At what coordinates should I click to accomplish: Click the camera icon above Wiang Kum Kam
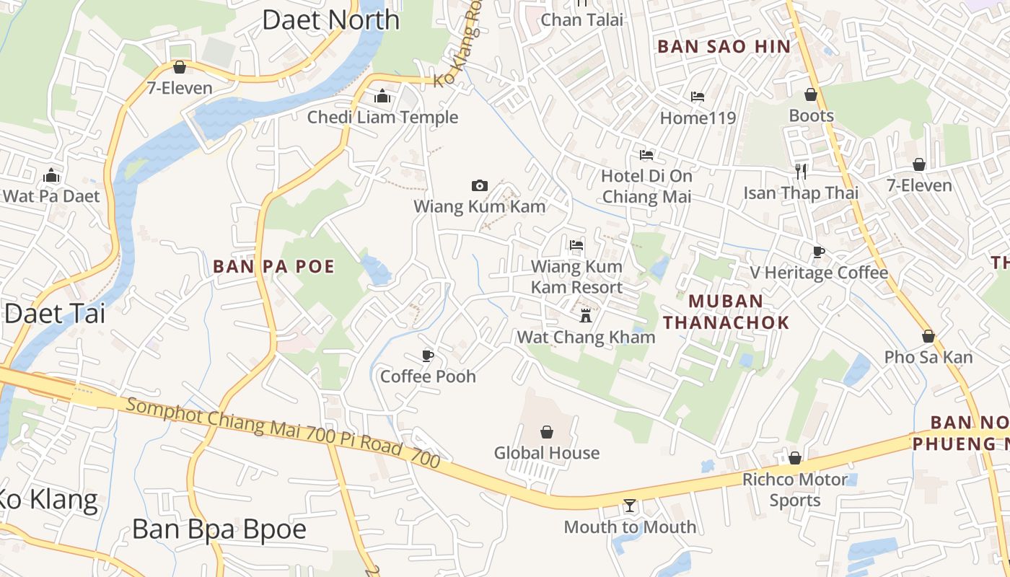pyautogui.click(x=479, y=186)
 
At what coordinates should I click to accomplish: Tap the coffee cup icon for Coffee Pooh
pyautogui.click(x=428, y=356)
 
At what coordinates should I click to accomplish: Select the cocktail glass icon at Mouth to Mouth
pyautogui.click(x=630, y=506)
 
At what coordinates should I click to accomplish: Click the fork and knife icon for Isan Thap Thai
pyautogui.click(x=801, y=171)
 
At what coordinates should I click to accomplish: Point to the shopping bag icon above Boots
pyautogui.click(x=811, y=94)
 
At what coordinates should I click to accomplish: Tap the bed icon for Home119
pyautogui.click(x=698, y=97)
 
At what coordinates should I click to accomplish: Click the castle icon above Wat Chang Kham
pyautogui.click(x=586, y=315)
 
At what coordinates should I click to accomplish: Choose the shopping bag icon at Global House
pyautogui.click(x=547, y=432)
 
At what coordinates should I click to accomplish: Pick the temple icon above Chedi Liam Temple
pyautogui.click(x=382, y=96)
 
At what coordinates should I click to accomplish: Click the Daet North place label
pyautogui.click(x=330, y=19)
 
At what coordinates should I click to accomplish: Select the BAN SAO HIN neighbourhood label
pyautogui.click(x=724, y=47)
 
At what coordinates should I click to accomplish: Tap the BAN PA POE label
pyautogui.click(x=274, y=267)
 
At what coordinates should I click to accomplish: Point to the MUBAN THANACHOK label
pyautogui.click(x=726, y=312)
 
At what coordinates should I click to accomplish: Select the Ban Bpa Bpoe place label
pyautogui.click(x=219, y=529)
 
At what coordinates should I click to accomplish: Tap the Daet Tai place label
pyautogui.click(x=55, y=313)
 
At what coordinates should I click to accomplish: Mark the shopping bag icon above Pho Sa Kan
pyautogui.click(x=928, y=336)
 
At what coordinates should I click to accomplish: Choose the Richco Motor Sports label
pyautogui.click(x=794, y=490)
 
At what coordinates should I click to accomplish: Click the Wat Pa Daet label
pyautogui.click(x=51, y=196)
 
